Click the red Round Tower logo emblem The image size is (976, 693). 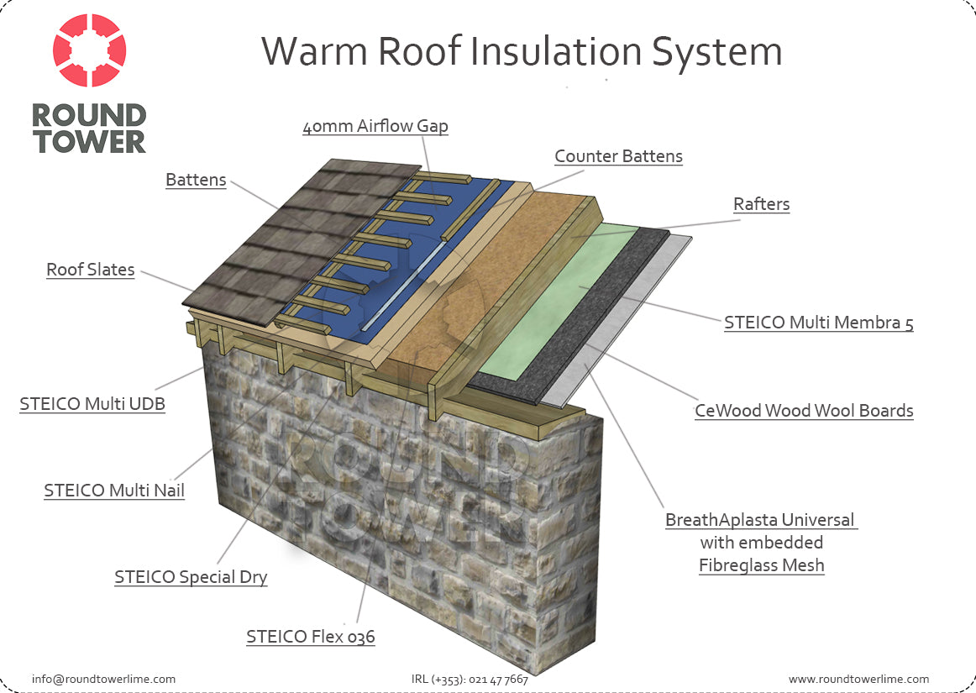tap(90, 50)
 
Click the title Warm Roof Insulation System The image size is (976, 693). tap(521, 51)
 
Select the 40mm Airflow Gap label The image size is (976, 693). tap(375, 126)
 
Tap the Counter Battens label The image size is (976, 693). tap(618, 156)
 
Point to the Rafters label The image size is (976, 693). tap(761, 204)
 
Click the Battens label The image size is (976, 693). tap(196, 180)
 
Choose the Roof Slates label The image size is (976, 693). tap(90, 270)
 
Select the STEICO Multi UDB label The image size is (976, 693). tap(92, 404)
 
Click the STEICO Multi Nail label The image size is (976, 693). tap(114, 491)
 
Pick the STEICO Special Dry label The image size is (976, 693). tap(191, 577)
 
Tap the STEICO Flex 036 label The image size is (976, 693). tap(311, 637)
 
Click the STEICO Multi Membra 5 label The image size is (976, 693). tap(819, 323)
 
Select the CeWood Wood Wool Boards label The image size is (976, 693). tap(804, 411)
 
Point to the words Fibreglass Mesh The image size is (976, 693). tap(761, 565)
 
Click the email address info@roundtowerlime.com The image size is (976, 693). tap(103, 680)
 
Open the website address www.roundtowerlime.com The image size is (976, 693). tap(858, 680)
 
